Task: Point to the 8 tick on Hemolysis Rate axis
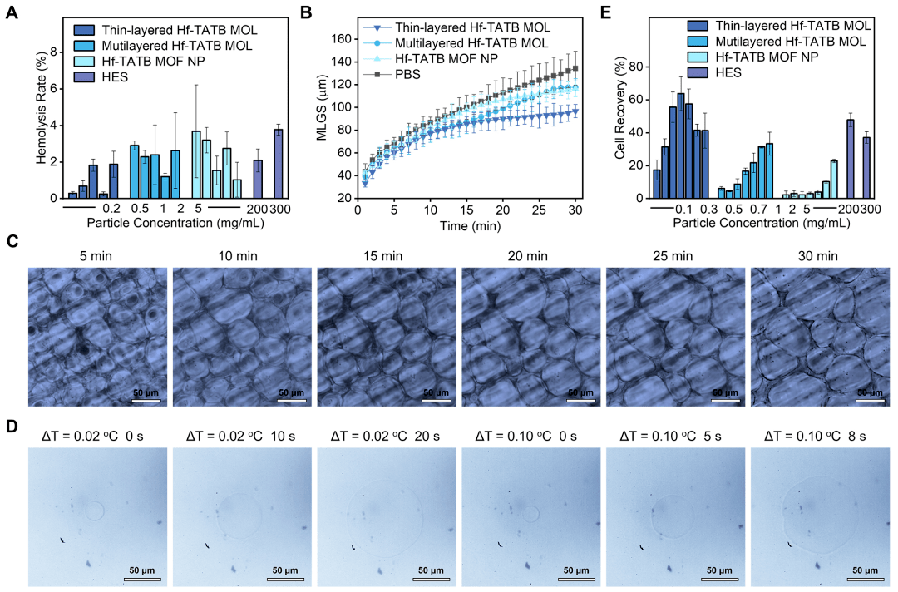[x=55, y=52]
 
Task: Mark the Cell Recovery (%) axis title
[x=619, y=125]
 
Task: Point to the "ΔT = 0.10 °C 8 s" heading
[x=821, y=434]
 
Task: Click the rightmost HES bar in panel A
[x=278, y=164]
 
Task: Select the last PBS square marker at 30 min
[x=575, y=69]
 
